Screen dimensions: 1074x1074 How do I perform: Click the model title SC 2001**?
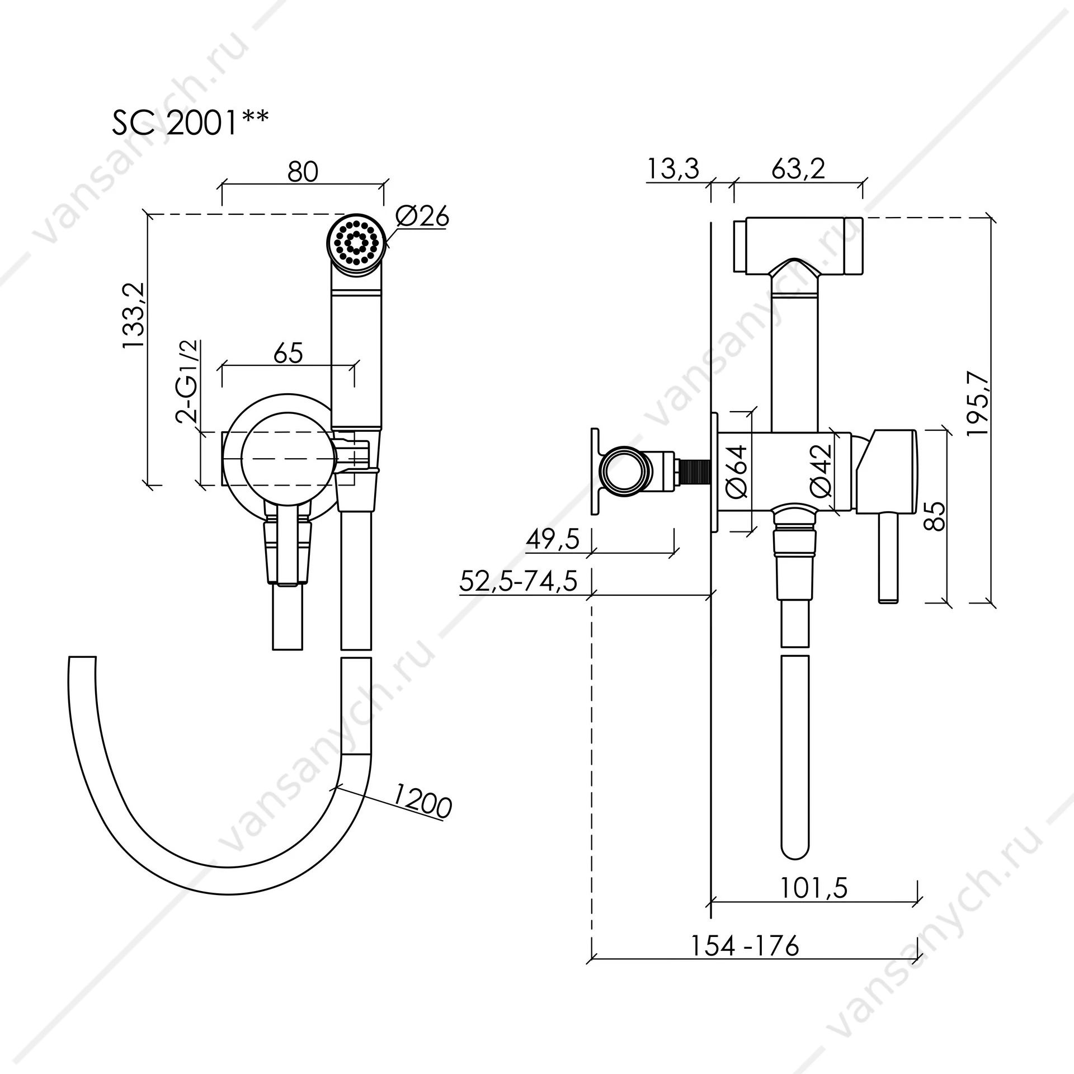191,123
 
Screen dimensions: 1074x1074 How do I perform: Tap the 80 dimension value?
303,172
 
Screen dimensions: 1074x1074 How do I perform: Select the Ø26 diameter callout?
423,216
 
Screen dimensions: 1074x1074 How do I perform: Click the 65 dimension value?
289,353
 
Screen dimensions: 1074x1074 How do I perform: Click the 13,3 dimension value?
673,168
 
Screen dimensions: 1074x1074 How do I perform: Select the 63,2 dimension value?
798,168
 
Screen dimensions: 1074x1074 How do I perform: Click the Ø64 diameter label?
737,471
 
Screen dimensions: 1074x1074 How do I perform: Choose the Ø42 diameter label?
822,471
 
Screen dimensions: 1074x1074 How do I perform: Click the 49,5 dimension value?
553,540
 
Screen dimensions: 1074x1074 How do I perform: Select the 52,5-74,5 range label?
518,582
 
